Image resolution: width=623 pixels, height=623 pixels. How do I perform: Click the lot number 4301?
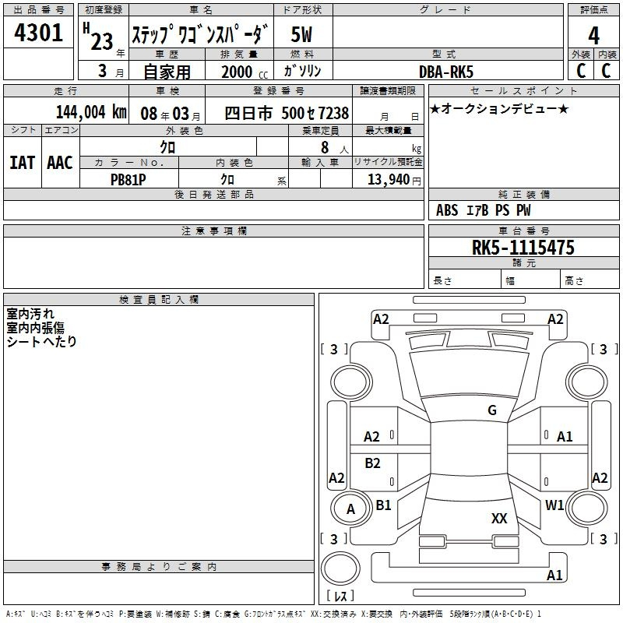pos(38,33)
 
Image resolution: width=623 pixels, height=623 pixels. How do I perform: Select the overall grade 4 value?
pos(593,36)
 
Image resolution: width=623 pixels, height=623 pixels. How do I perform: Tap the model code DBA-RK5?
pos(446,72)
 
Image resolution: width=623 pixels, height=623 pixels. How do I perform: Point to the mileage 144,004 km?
pos(91,112)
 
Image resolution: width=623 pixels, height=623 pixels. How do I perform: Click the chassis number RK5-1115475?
pos(523,248)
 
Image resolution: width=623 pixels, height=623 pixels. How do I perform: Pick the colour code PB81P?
pos(128,180)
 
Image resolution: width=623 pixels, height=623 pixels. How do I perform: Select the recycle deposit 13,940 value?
pos(389,179)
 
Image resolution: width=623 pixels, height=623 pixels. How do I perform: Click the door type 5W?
pos(301,34)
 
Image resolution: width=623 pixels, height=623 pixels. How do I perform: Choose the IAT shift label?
pos(22,163)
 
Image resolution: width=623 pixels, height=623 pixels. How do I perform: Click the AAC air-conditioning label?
pos(60,163)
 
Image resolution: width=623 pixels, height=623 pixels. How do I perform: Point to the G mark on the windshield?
pos(492,410)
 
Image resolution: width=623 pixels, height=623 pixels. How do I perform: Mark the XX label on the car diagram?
pos(499,518)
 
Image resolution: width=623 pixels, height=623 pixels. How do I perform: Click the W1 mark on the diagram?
pos(554,505)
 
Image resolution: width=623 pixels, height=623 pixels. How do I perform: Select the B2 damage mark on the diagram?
pos(372,463)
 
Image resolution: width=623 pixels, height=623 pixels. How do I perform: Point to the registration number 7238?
pos(333,113)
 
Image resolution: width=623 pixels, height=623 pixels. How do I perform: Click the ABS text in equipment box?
pos(447,210)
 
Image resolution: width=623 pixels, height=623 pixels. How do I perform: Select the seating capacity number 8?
pos(325,147)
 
